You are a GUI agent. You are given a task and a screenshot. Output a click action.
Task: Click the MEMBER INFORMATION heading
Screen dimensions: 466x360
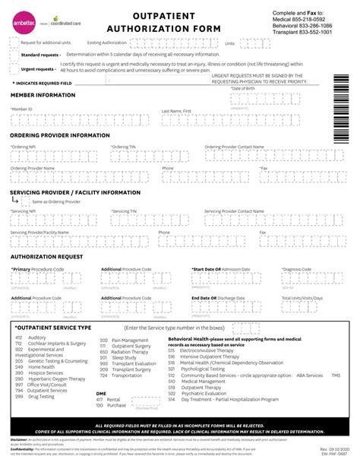click(x=43, y=95)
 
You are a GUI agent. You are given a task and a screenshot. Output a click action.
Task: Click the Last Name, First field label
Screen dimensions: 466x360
click(x=176, y=111)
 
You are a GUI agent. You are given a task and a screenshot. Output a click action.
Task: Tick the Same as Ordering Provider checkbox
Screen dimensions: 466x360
click(x=27, y=202)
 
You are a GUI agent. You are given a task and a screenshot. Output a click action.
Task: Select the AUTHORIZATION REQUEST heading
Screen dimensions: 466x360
click(x=46, y=257)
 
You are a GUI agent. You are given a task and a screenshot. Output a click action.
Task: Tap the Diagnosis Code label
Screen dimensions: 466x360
click(x=297, y=269)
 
